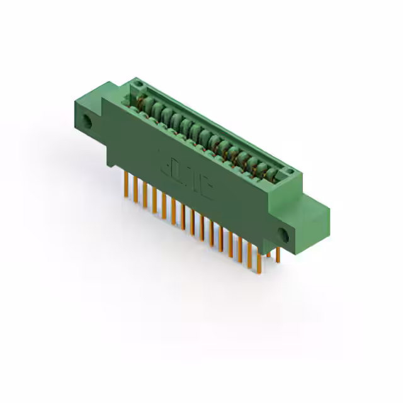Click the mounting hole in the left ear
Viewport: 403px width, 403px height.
[88, 122]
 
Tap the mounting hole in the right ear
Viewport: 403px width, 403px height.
[283, 237]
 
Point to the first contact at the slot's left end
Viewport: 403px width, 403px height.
[144, 101]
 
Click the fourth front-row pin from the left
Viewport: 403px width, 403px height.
[154, 203]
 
